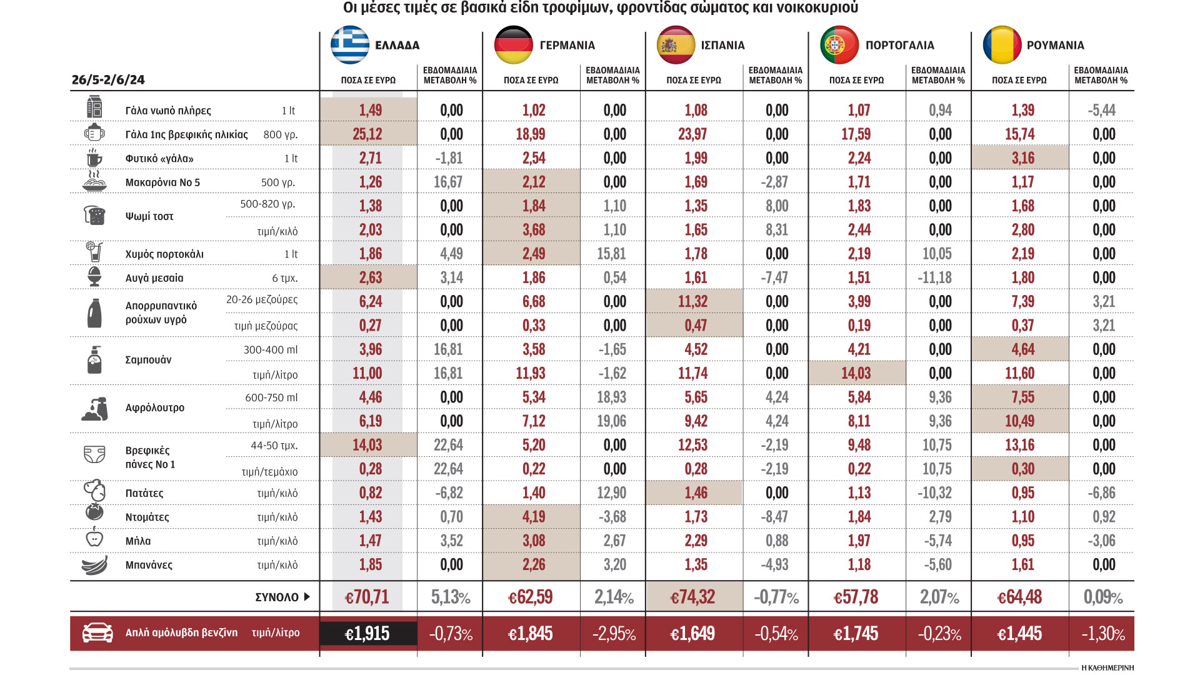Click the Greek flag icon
(x=350, y=45)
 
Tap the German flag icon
(x=513, y=45)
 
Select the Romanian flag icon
(x=1002, y=45)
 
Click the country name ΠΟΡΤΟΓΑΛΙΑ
(x=899, y=45)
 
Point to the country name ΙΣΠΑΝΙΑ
(x=722, y=45)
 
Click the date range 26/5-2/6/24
(x=108, y=80)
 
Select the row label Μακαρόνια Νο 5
(x=162, y=182)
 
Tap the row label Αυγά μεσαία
(x=154, y=278)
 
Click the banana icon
(x=94, y=565)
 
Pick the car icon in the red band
(x=97, y=632)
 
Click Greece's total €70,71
(x=367, y=597)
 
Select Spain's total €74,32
(x=692, y=597)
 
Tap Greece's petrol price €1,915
(x=367, y=634)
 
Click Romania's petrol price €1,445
(x=1019, y=634)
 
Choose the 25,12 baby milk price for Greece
(x=367, y=134)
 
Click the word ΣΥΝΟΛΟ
(x=277, y=597)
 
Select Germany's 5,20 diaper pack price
(x=534, y=445)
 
